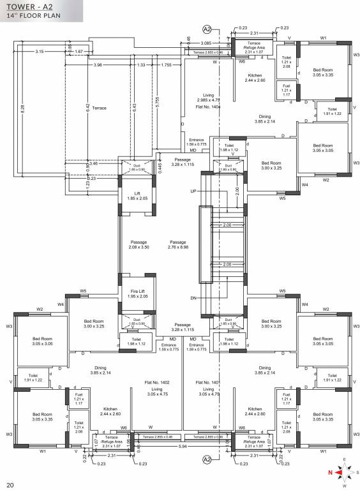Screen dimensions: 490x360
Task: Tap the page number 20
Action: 10,484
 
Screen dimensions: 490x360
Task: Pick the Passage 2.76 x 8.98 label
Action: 178,245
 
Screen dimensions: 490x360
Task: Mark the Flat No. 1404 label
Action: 208,107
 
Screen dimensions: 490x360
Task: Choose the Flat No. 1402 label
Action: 155,382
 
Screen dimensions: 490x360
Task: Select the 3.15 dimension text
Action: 40,51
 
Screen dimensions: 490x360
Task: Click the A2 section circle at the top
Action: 206,29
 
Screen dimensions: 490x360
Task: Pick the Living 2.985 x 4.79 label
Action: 208,97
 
